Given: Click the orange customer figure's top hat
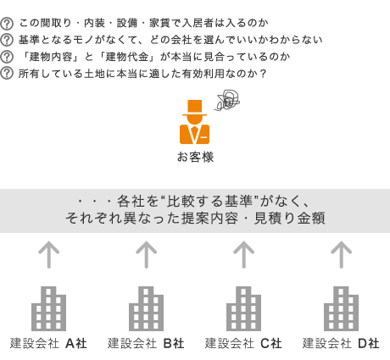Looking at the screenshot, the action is click(194, 108).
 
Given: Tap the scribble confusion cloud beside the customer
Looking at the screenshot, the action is click(228, 100).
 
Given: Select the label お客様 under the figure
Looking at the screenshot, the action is click(195, 157).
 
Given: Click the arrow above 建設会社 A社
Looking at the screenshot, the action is click(48, 254).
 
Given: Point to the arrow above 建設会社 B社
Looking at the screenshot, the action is click(146, 254).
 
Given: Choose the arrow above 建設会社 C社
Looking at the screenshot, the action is click(243, 254).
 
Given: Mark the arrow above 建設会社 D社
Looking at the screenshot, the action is click(341, 254).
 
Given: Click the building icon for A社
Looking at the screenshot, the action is click(48, 308).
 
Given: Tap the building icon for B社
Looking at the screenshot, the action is click(146, 308).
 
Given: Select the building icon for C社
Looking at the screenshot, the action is click(243, 308).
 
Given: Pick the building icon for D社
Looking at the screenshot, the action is click(341, 308).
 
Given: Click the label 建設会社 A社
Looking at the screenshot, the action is click(48, 344).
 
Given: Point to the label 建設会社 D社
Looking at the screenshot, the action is click(341, 344).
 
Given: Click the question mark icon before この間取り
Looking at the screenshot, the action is click(7, 24).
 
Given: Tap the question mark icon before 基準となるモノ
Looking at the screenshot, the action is click(7, 40).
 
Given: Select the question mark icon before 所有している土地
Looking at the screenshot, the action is click(7, 74).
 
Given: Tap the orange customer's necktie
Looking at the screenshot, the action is click(194, 133).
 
